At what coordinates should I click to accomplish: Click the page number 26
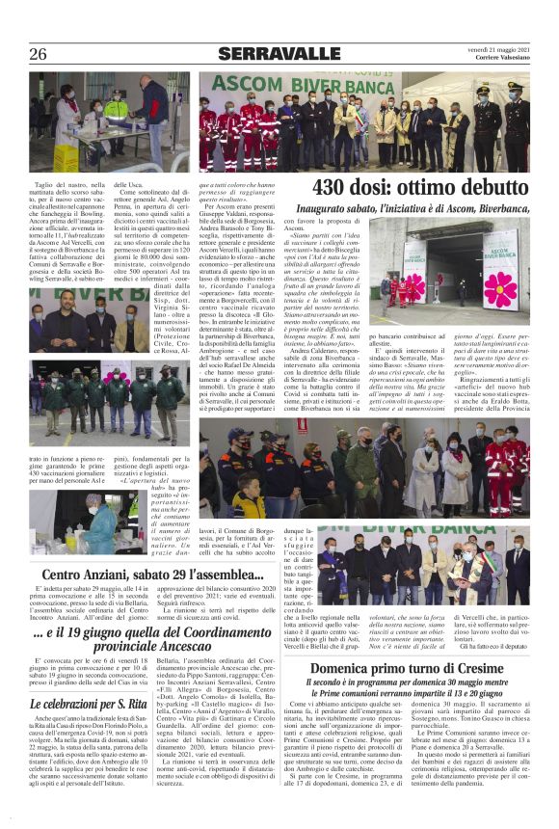point(39,53)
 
